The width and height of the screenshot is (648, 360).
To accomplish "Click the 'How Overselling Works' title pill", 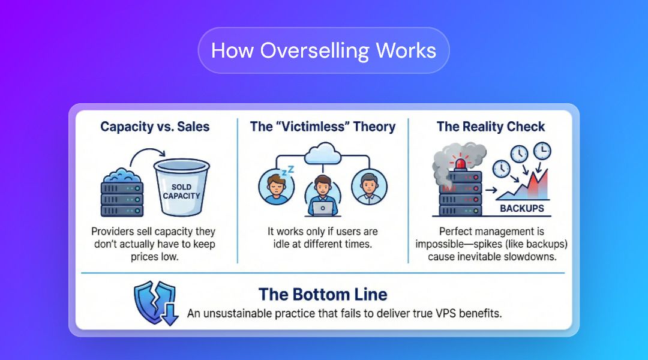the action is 323,50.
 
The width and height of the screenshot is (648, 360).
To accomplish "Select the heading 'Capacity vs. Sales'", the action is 155,127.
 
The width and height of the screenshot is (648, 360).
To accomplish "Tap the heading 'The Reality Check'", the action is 491,127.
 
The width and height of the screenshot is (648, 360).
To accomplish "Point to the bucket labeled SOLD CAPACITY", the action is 181,187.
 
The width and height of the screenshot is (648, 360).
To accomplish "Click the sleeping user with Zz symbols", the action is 277,186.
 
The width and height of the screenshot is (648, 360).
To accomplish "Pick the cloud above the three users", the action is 323,154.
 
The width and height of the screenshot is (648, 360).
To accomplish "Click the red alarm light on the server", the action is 460,163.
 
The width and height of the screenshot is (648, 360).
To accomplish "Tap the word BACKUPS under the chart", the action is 522,208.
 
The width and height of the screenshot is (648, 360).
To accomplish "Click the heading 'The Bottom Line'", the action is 323,295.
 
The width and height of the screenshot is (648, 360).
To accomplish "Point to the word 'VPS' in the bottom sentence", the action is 445,313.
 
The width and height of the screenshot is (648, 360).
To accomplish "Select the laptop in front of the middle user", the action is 323,208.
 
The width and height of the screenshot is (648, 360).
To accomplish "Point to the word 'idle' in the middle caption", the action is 281,244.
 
